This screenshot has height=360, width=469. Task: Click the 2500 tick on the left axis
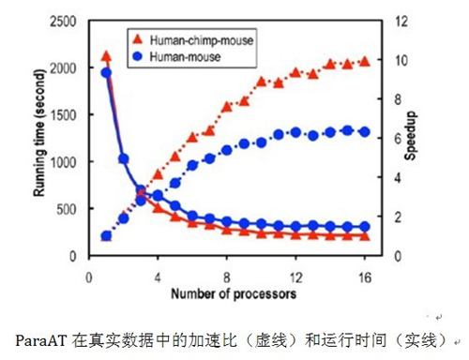66,22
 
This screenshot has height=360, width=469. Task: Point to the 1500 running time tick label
66,115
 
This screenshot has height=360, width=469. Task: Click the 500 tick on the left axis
69,209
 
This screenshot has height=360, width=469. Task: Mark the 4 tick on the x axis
158,277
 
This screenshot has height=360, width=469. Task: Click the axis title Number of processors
234,294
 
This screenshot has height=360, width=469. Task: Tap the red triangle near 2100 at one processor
106,56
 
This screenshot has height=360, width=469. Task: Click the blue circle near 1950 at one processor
106,72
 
